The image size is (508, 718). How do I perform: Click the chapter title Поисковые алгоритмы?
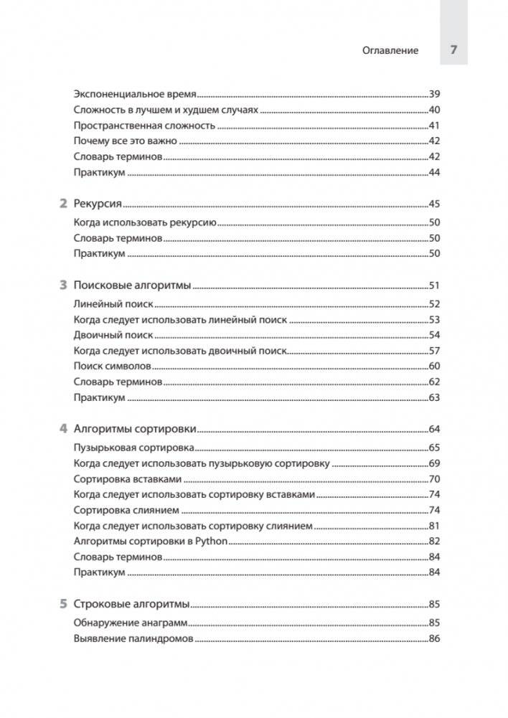pyautogui.click(x=133, y=285)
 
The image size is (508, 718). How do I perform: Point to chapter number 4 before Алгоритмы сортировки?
pyautogui.click(x=62, y=429)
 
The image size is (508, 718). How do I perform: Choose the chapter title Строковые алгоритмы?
pyautogui.click(x=132, y=603)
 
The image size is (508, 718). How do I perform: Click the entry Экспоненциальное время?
pyautogui.click(x=135, y=94)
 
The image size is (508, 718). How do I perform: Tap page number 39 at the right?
pyautogui.click(x=433, y=94)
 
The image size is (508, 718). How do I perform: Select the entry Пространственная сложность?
pyautogui.click(x=144, y=126)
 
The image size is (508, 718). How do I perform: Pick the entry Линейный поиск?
pyautogui.click(x=113, y=304)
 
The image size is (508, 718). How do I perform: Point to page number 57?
pyautogui.click(x=433, y=351)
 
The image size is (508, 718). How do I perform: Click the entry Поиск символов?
pyautogui.click(x=112, y=367)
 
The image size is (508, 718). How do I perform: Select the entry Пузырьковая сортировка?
pyautogui.click(x=133, y=448)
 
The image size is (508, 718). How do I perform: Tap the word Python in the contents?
pyautogui.click(x=210, y=542)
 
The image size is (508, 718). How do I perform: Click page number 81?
pyautogui.click(x=433, y=526)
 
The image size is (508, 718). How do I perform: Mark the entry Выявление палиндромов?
pyautogui.click(x=133, y=638)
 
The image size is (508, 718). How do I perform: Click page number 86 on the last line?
pyautogui.click(x=433, y=638)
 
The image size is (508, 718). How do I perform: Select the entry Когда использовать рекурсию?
pyautogui.click(x=145, y=222)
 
